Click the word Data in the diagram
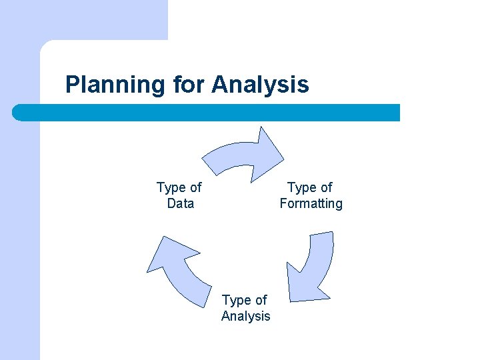tap(180, 204)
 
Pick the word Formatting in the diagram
tap(311, 204)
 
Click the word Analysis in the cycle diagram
tap(245, 316)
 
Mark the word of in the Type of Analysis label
tap(260, 300)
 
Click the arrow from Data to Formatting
tap(233, 155)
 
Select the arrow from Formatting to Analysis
tap(319, 260)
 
